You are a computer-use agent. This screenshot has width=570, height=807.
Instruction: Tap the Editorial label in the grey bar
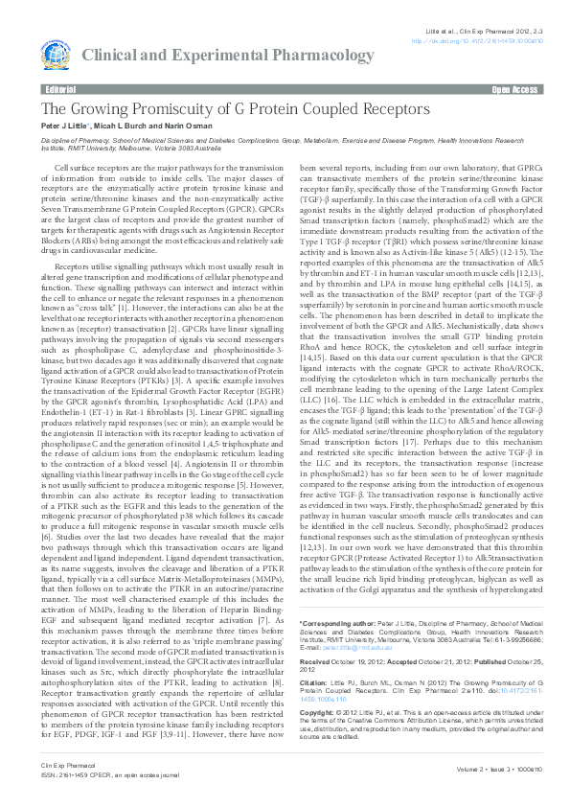click(60, 88)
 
